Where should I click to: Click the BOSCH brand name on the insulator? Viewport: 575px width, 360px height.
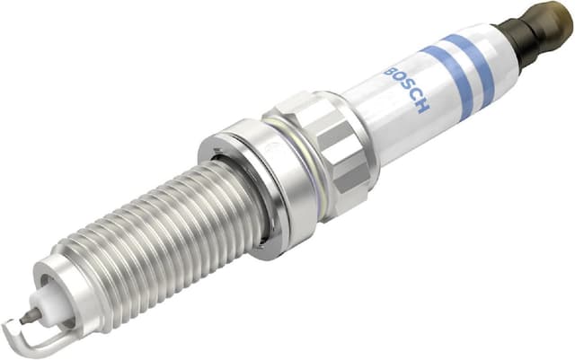tap(407, 91)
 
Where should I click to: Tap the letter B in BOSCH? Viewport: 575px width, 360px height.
tap(390, 71)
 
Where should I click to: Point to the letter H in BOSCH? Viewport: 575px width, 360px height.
tap(423, 109)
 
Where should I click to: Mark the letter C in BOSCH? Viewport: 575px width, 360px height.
tap(415, 99)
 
